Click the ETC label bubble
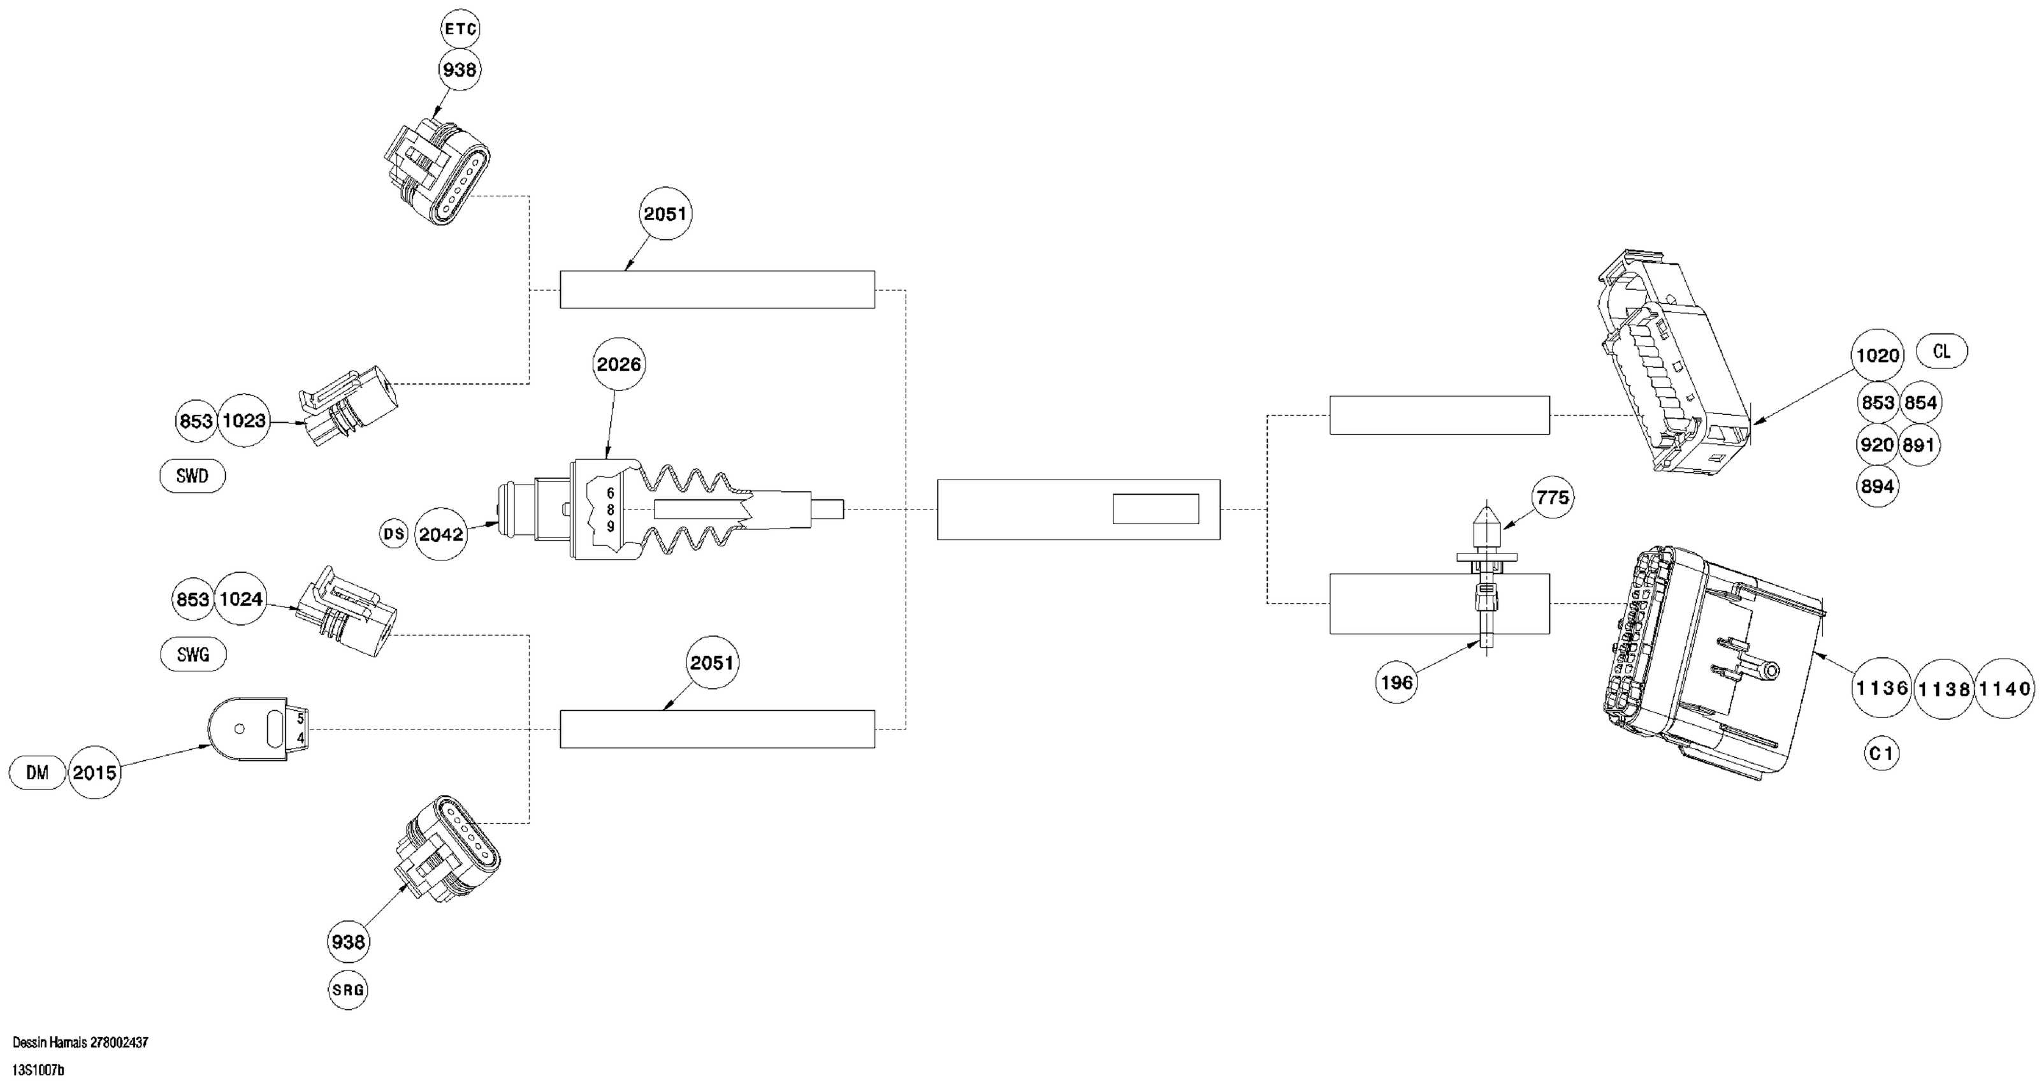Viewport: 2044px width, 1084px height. (460, 29)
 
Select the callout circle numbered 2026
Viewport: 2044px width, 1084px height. (619, 364)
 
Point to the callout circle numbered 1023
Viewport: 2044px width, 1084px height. (243, 421)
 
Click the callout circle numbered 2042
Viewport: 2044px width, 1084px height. (441, 535)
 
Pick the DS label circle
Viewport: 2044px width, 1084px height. (393, 534)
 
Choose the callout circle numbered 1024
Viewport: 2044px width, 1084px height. (241, 599)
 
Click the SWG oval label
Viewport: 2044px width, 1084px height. (193, 655)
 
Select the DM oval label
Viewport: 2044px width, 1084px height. (38, 773)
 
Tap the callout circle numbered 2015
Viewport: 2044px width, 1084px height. (94, 773)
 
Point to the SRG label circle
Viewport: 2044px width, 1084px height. (349, 990)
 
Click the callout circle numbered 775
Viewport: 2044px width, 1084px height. (1553, 497)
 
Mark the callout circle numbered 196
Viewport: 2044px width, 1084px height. (1397, 682)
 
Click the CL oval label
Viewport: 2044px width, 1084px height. (1941, 351)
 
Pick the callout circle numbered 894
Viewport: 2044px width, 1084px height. (1878, 486)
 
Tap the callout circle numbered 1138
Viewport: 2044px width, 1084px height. (1943, 689)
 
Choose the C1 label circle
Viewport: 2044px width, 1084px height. (1881, 754)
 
